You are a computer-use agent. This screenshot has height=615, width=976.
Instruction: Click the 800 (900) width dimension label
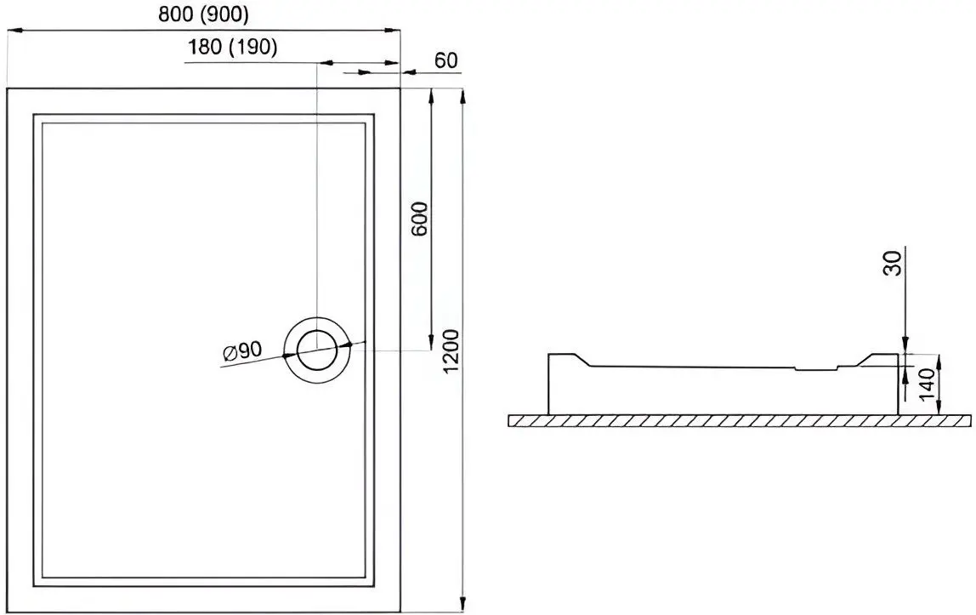[203, 14]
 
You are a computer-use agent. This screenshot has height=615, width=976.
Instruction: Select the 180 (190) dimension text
[233, 48]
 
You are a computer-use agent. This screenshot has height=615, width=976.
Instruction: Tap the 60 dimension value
[445, 60]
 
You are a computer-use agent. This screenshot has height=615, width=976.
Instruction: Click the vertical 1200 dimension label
[451, 350]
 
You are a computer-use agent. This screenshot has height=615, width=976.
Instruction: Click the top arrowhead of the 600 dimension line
[431, 95]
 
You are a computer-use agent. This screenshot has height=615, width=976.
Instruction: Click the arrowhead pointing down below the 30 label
[906, 345]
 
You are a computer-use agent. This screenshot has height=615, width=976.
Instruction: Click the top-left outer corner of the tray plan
[8, 88]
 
